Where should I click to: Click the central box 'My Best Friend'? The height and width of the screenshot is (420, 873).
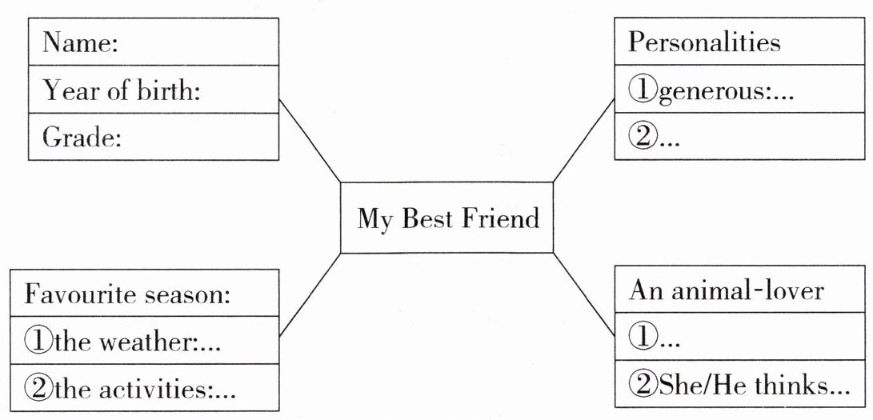pos(447,218)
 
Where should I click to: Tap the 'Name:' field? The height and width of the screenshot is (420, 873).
pos(153,43)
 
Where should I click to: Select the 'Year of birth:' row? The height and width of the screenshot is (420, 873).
pos(153,91)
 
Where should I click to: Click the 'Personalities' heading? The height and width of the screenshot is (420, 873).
pos(741,42)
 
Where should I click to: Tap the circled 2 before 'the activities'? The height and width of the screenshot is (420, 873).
pos(38,390)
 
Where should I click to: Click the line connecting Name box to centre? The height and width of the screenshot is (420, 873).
pos(310,142)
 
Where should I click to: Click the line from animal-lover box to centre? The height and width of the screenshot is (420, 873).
pos(583,292)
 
